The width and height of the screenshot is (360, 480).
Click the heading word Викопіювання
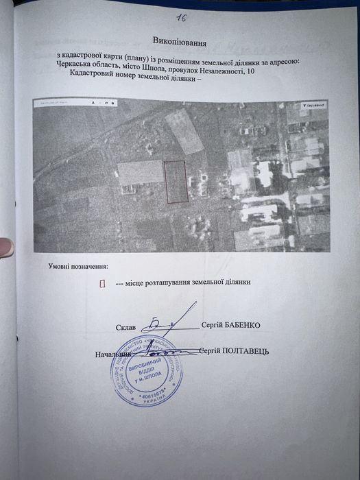(180, 43)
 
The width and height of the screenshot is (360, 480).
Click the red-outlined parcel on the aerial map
(177, 182)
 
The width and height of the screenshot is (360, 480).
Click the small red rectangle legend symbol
(102, 283)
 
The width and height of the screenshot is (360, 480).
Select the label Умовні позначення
(78, 265)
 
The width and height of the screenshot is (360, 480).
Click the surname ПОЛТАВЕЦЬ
(245, 351)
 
